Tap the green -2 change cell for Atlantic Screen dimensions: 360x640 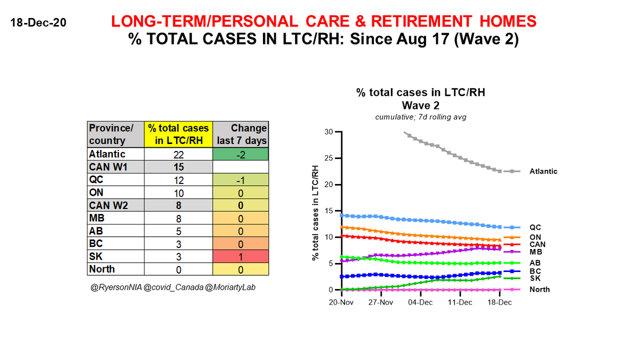(241, 155)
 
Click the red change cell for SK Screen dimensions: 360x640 (241, 257)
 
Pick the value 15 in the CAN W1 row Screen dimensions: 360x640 (179, 167)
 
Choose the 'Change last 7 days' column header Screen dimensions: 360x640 (241, 134)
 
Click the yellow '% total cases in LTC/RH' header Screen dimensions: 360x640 (179, 134)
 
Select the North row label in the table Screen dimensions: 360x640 (102, 269)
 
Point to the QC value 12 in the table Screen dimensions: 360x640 (179, 180)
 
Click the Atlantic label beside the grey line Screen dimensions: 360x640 (543, 172)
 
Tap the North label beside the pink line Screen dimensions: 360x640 (539, 290)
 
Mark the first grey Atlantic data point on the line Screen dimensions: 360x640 (405, 133)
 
